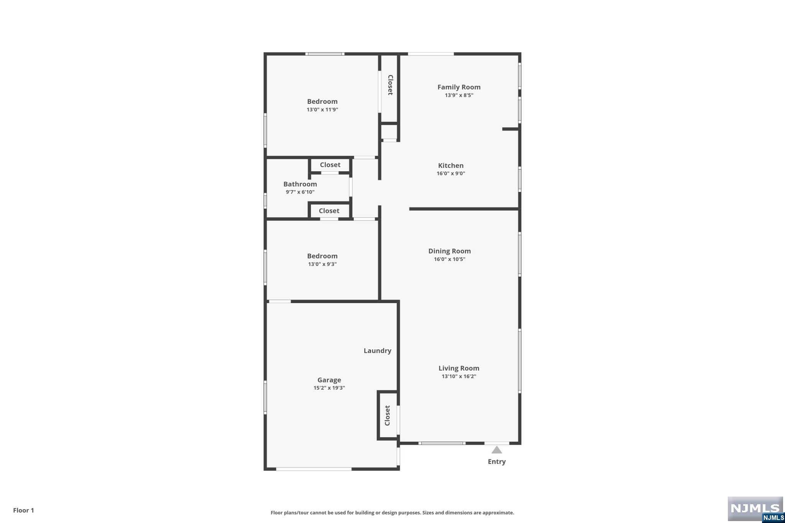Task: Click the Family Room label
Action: [x=459, y=87]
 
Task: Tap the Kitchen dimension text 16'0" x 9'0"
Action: [x=451, y=173]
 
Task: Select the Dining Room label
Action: [x=450, y=251]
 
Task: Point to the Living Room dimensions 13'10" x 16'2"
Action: [x=459, y=376]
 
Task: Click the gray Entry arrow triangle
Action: [x=497, y=450]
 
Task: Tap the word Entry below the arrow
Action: [x=497, y=462]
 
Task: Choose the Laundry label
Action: [x=378, y=351]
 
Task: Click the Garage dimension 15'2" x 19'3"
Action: [x=329, y=388]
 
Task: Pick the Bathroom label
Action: [x=300, y=184]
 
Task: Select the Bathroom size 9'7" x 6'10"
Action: [x=300, y=192]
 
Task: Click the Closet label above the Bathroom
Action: [x=330, y=165]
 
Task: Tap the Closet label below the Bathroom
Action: [x=329, y=211]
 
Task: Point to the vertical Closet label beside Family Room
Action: [x=390, y=85]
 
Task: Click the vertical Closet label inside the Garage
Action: [x=388, y=415]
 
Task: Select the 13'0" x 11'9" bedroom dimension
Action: [x=322, y=110]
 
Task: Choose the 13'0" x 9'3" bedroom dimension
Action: [x=322, y=264]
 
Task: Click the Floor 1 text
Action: [x=24, y=510]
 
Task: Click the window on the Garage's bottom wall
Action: [x=314, y=469]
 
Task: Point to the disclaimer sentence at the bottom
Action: [x=392, y=513]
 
